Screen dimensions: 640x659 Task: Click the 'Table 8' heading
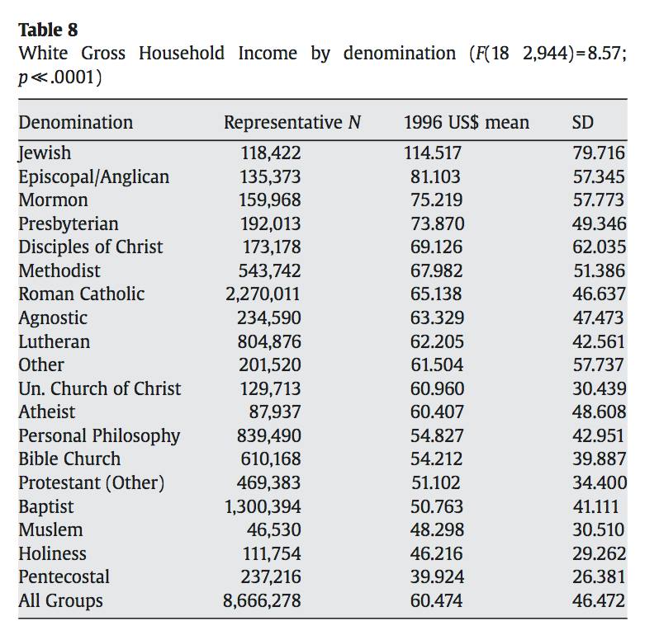[x=48, y=30]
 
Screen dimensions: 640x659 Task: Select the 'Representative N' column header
[x=292, y=123]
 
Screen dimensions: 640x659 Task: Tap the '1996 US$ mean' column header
[x=466, y=123]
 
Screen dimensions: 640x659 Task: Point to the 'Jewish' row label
[x=45, y=153]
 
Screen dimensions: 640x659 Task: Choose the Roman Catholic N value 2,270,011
[x=263, y=294]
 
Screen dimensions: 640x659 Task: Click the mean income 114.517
[x=433, y=153]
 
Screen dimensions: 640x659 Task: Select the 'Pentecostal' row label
[x=64, y=577]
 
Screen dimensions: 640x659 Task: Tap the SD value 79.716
[x=599, y=153]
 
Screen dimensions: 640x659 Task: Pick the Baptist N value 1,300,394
[x=263, y=506]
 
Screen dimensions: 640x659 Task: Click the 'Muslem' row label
[x=50, y=530]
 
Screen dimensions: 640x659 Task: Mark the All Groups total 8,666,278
[x=263, y=601]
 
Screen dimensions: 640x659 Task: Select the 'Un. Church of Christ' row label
[x=99, y=388]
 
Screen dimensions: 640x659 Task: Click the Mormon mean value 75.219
[x=437, y=200]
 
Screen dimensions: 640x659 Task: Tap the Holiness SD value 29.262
[x=599, y=553]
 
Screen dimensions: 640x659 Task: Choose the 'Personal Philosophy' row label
[x=99, y=435]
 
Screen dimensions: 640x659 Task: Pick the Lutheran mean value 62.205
[x=437, y=341]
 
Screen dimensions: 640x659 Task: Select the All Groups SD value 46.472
[x=599, y=601]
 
